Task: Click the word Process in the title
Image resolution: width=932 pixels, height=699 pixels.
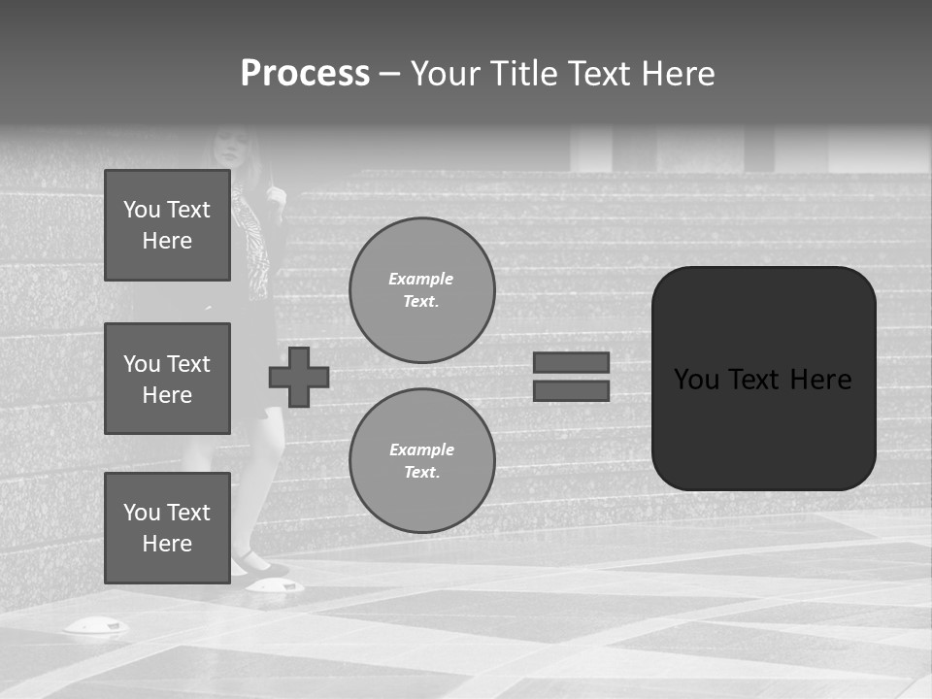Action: pos(305,74)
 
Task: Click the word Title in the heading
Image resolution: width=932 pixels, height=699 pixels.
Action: pos(521,74)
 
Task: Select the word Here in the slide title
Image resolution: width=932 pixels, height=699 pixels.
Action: pos(677,74)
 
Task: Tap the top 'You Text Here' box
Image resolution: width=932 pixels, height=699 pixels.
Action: pos(167,225)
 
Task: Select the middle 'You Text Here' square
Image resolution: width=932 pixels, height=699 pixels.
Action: pos(167,379)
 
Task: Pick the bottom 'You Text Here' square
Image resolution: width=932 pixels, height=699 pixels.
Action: pos(167,527)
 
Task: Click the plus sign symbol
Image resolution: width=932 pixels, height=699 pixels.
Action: pos(299,377)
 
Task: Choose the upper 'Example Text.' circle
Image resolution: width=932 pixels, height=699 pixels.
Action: pos(421,289)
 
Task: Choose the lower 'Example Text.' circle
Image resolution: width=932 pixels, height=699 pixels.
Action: pos(421,460)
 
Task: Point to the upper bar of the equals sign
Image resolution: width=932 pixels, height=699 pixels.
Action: pos(572,362)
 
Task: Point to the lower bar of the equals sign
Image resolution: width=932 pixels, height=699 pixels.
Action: pos(572,390)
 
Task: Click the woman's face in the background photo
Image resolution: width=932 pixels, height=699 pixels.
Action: pos(230,148)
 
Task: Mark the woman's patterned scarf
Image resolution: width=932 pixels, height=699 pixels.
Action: pos(254,243)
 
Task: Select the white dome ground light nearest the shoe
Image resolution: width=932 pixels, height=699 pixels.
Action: pos(274,585)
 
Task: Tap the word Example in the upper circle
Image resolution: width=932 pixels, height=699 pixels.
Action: pos(421,279)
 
